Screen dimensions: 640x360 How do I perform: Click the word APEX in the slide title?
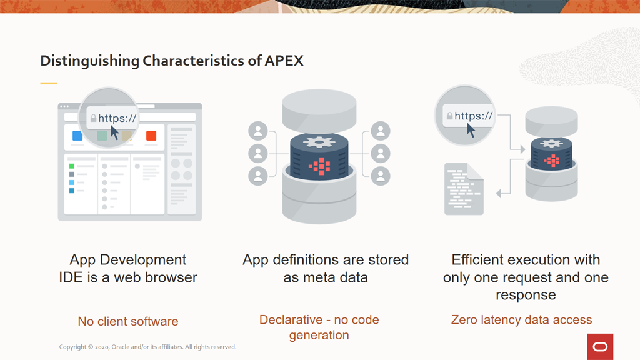point(284,61)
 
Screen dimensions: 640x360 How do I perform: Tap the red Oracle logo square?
point(600,347)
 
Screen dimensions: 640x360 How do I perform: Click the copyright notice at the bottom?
point(147,347)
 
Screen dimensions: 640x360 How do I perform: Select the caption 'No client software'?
point(128,321)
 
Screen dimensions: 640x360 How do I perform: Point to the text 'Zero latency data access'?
point(522,319)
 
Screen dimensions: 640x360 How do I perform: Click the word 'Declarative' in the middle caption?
point(291,319)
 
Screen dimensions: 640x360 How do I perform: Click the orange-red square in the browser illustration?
point(151,136)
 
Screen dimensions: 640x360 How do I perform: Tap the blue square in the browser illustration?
point(77,136)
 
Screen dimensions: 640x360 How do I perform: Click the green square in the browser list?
point(72,166)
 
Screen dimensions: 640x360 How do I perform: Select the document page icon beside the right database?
point(464,189)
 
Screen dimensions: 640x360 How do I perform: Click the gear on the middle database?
point(319,142)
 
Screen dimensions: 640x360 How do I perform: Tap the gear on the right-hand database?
point(551,143)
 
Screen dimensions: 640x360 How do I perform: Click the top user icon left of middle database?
point(258,131)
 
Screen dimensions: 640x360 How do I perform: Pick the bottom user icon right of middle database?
point(381,176)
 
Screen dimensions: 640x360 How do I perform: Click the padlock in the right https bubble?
point(449,116)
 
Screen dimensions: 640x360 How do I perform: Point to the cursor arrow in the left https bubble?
point(115,132)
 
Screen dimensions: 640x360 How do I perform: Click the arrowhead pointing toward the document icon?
point(498,194)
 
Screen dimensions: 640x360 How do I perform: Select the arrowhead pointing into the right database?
point(523,149)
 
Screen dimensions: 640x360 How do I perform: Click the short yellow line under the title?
point(49,83)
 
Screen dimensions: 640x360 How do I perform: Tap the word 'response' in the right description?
point(526,295)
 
